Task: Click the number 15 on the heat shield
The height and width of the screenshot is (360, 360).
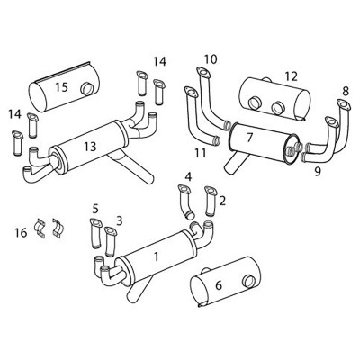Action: pos(61,87)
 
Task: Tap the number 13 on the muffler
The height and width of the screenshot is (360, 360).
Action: pos(90,147)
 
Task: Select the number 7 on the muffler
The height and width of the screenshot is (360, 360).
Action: pos(250,138)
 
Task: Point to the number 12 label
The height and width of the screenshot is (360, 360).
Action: pos(291,76)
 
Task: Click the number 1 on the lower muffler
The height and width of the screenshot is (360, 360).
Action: pos(156,256)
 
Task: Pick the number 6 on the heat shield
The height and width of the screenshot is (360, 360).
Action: pos(219,285)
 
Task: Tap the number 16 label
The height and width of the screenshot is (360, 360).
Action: pos(21,232)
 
